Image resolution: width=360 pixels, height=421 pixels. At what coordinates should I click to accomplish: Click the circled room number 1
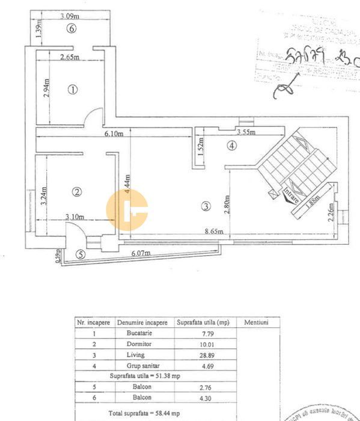point(73,90)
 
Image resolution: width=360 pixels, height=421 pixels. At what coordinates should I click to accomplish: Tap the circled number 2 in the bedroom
point(76,192)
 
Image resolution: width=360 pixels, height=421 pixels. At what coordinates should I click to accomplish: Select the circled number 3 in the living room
point(206,206)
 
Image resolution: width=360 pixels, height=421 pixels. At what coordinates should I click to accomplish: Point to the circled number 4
point(232,145)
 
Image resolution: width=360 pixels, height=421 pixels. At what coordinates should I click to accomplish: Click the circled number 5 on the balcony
point(81,254)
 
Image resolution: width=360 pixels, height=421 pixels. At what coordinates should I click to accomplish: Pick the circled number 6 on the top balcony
point(72,28)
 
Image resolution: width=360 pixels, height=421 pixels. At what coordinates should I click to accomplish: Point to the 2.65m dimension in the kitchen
point(70,58)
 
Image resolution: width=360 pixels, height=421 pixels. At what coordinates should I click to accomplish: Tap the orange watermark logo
point(127,210)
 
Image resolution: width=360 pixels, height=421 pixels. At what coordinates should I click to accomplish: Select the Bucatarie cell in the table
point(139,333)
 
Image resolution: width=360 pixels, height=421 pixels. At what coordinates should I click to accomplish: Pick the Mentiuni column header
point(256,322)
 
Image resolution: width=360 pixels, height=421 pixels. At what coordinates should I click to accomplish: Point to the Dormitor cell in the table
point(139,344)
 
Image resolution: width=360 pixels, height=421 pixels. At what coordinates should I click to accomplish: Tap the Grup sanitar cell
point(139,366)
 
